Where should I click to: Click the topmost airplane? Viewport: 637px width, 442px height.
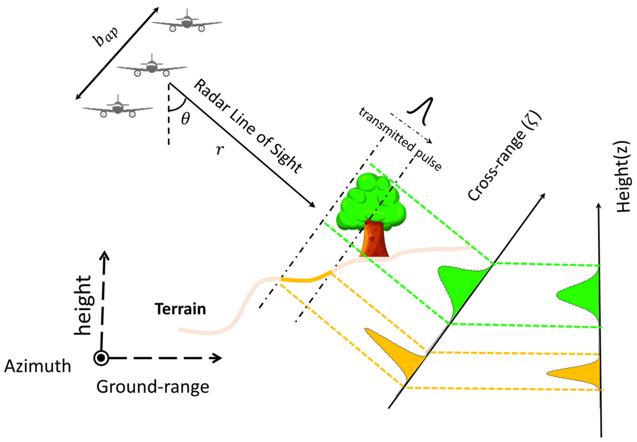(187, 22)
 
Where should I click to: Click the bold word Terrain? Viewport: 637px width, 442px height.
(180, 309)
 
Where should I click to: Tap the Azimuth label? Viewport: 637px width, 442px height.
(38, 366)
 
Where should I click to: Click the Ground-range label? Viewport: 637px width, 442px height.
(152, 387)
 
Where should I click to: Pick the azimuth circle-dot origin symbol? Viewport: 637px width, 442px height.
(101, 358)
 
